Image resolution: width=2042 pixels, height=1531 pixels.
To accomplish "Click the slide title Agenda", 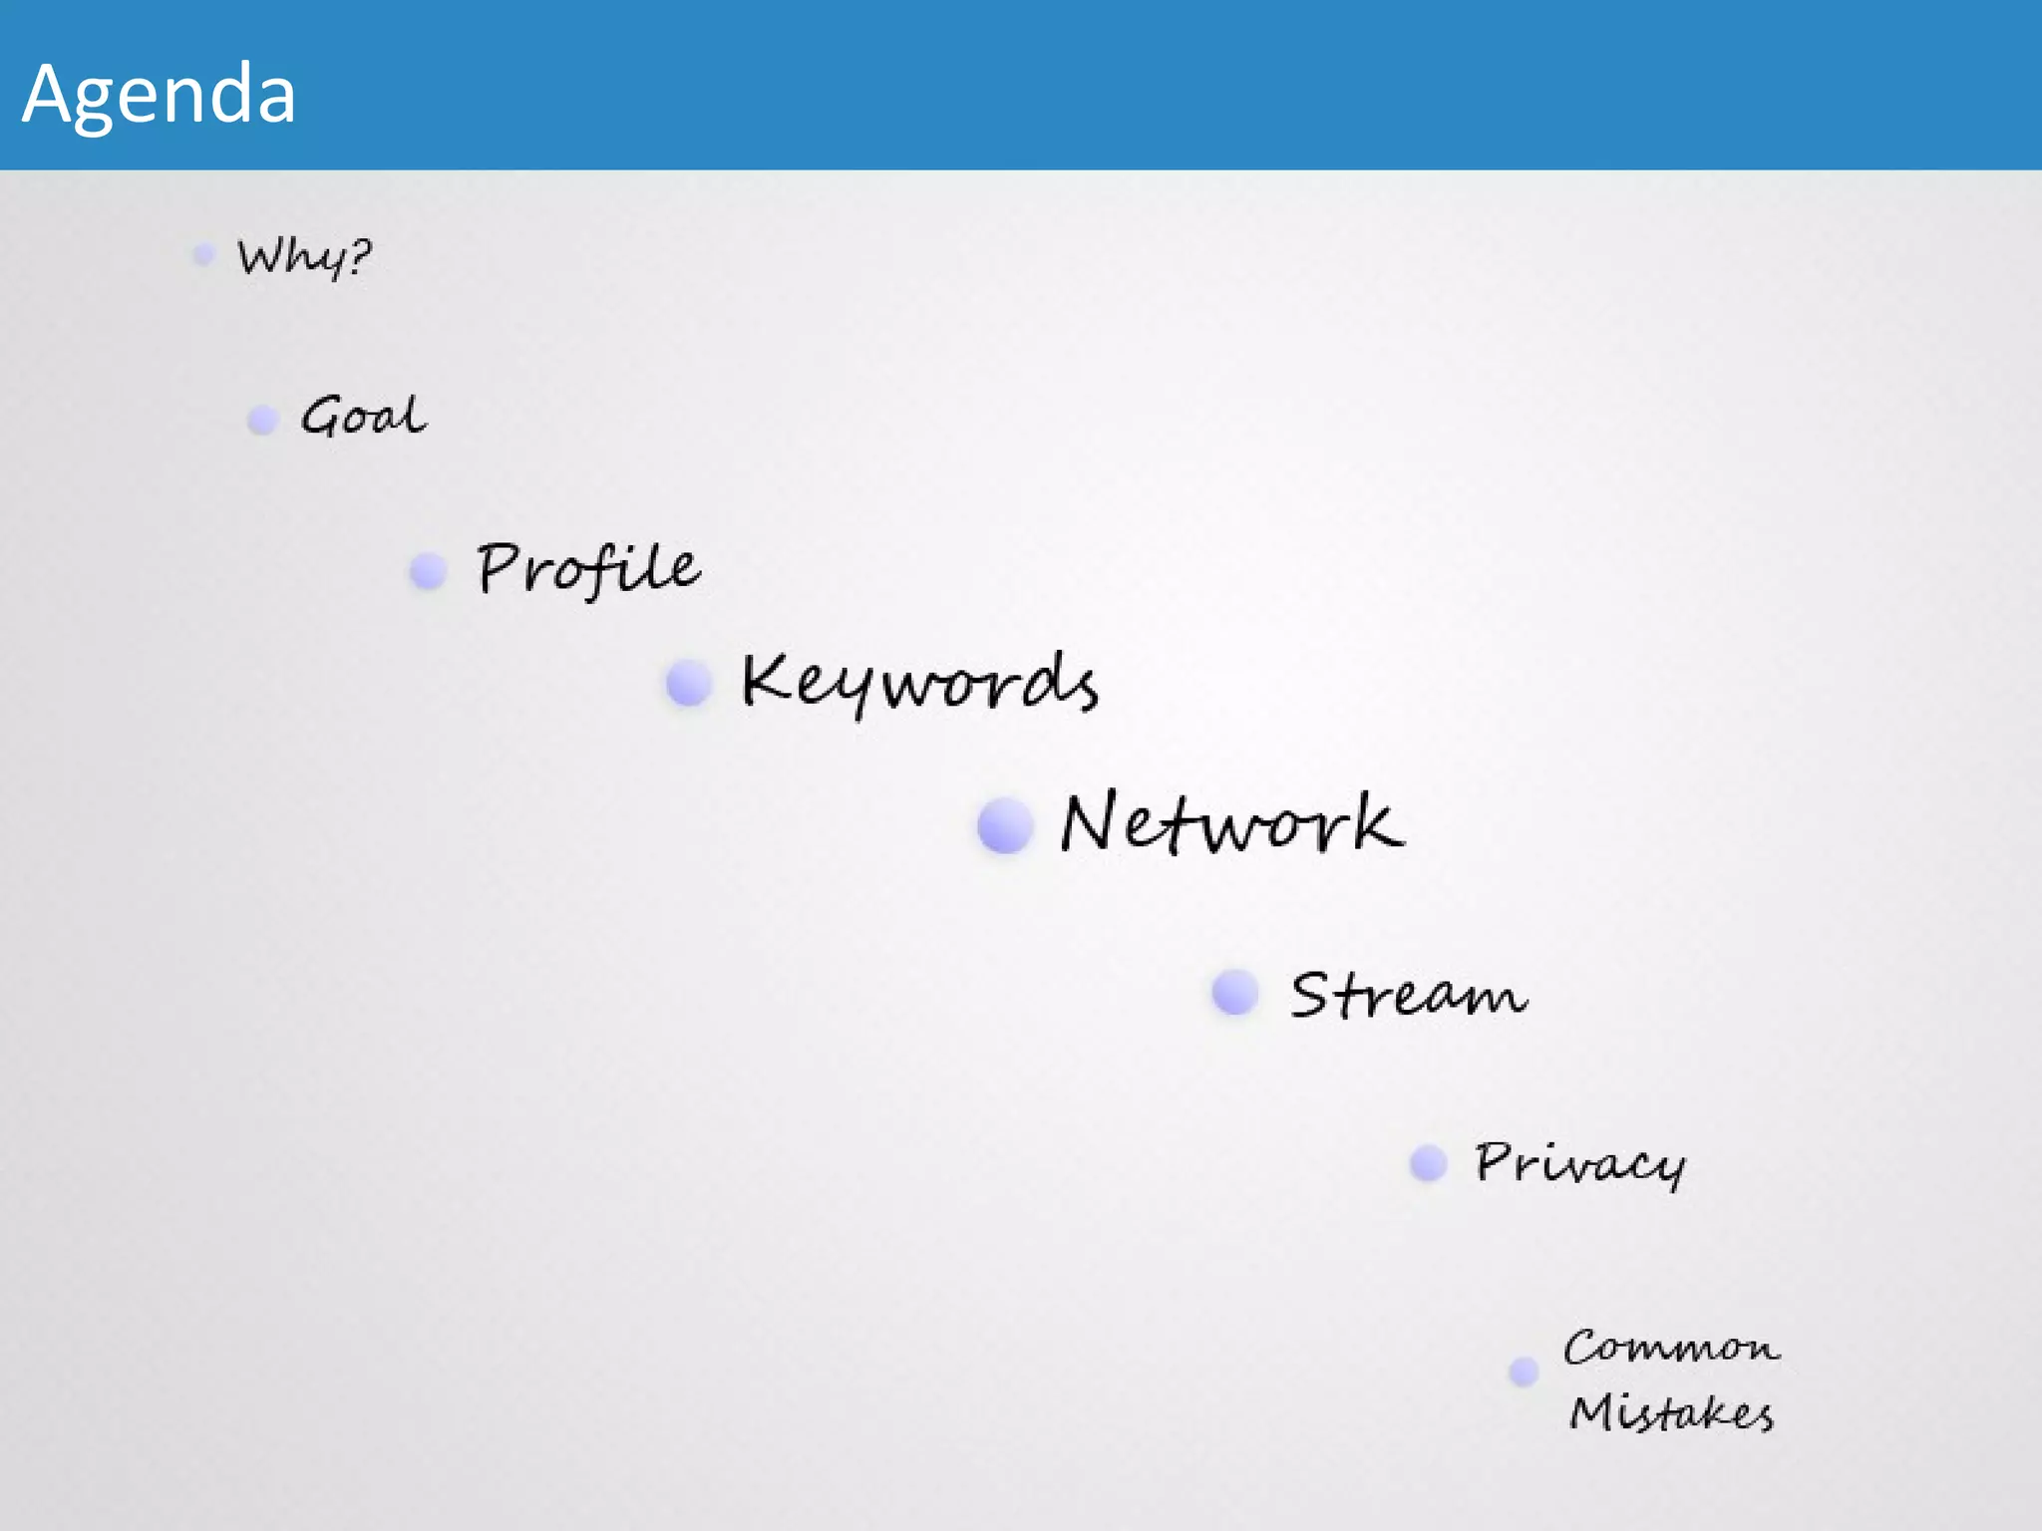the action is click(x=160, y=94).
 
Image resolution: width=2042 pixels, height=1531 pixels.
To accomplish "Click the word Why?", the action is click(x=303, y=257).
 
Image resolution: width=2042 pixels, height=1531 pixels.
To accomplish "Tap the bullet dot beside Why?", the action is click(x=203, y=255).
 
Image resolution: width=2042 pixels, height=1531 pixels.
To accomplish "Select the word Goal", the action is click(x=364, y=417).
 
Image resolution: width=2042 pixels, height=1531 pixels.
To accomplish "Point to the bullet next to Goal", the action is click(x=262, y=420).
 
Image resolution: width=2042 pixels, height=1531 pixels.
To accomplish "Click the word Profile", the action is click(x=588, y=569).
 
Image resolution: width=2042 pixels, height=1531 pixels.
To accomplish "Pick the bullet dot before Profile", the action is click(x=428, y=571).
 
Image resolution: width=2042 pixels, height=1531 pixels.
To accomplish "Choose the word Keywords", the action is click(x=919, y=684).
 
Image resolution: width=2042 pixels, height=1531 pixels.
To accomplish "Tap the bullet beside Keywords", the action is click(x=688, y=684).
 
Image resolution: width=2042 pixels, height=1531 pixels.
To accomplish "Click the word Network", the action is click(x=1232, y=824).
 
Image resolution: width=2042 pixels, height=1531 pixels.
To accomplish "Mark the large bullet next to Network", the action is click(x=1005, y=825).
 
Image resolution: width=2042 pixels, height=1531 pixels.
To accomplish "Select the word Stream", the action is click(x=1408, y=995).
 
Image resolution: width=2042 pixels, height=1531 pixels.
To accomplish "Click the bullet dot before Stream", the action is click(x=1235, y=993).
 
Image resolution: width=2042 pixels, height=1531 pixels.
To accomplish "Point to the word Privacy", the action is click(x=1580, y=1163).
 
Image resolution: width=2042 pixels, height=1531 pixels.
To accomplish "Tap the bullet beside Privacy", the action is click(x=1429, y=1162).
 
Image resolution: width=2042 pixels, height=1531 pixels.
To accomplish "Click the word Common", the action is click(x=1671, y=1348).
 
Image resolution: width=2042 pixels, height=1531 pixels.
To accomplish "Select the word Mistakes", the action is click(x=1671, y=1413).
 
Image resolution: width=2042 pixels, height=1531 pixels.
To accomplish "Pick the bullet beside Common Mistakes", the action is click(x=1524, y=1373).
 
